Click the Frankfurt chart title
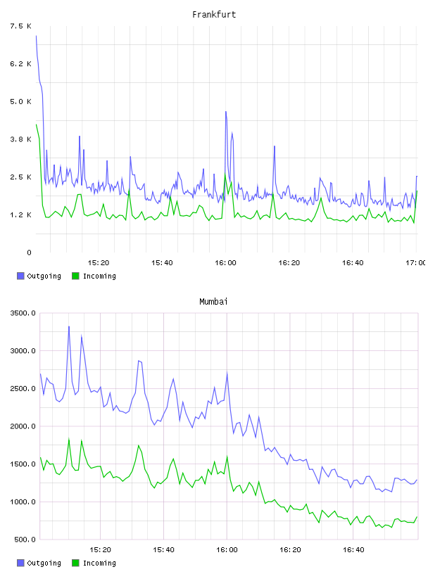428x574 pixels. tap(214, 15)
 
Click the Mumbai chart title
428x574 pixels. tap(213, 302)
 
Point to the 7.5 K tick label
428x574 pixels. tap(20, 26)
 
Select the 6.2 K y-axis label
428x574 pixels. tap(20, 64)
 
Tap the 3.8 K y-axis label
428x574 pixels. tap(20, 139)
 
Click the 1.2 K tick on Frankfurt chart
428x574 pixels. tap(20, 215)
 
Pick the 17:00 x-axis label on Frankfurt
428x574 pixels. tap(416, 262)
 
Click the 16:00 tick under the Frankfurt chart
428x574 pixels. tap(225, 262)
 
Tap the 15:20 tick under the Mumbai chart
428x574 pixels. tap(100, 549)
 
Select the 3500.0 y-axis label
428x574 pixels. tap(23, 313)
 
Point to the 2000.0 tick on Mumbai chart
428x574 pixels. tap(23, 426)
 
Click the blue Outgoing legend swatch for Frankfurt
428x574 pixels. tap(20, 276)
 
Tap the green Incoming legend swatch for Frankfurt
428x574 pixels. tap(75, 276)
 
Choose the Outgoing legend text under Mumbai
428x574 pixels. tap(44, 563)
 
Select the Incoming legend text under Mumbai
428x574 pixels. tap(99, 563)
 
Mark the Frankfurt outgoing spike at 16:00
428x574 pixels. tap(226, 112)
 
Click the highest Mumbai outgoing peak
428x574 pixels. tap(69, 326)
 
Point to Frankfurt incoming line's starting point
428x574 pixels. tap(37, 125)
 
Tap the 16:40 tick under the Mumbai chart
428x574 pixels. tap(353, 549)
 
